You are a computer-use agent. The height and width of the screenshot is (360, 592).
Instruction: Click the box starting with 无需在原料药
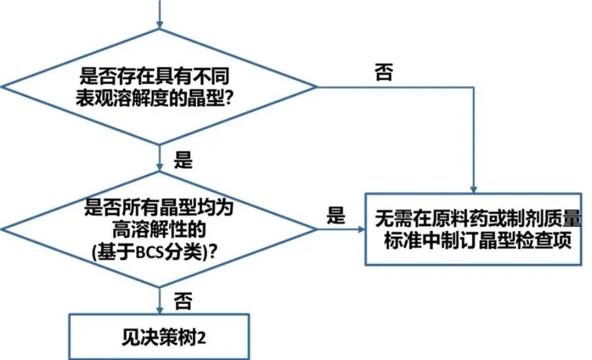473,228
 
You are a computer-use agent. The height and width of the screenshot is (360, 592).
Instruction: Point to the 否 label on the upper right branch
384,72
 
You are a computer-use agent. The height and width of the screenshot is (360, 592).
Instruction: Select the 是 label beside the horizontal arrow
335,215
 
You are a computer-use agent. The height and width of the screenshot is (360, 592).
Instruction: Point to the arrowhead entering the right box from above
474,188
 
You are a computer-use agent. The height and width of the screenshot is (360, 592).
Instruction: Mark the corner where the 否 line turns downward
474,86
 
